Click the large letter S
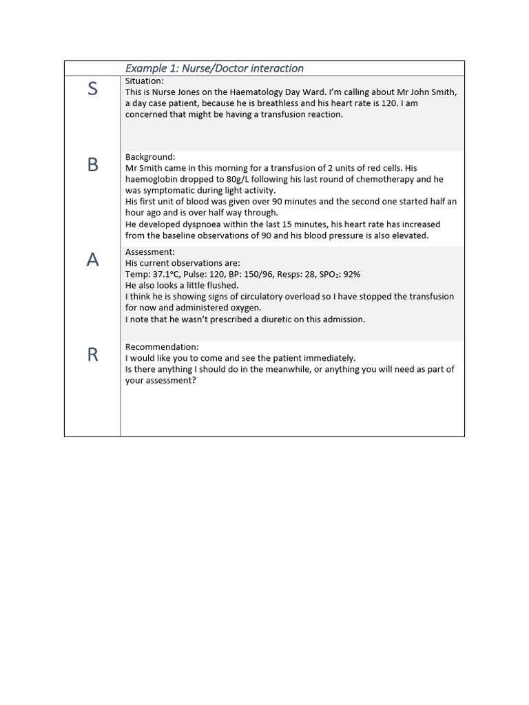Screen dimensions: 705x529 click(92, 89)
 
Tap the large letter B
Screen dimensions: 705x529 click(92, 165)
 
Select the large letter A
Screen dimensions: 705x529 click(92, 260)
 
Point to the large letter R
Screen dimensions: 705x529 click(92, 355)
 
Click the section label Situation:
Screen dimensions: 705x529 click(145, 81)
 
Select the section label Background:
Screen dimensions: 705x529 click(150, 157)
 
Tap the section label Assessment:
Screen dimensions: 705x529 click(150, 252)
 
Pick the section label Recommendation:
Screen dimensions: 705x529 click(162, 347)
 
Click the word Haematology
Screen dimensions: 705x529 click(258, 92)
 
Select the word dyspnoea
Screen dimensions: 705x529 click(202, 224)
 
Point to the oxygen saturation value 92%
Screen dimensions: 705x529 click(351, 274)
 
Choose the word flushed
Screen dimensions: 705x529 click(222, 285)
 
